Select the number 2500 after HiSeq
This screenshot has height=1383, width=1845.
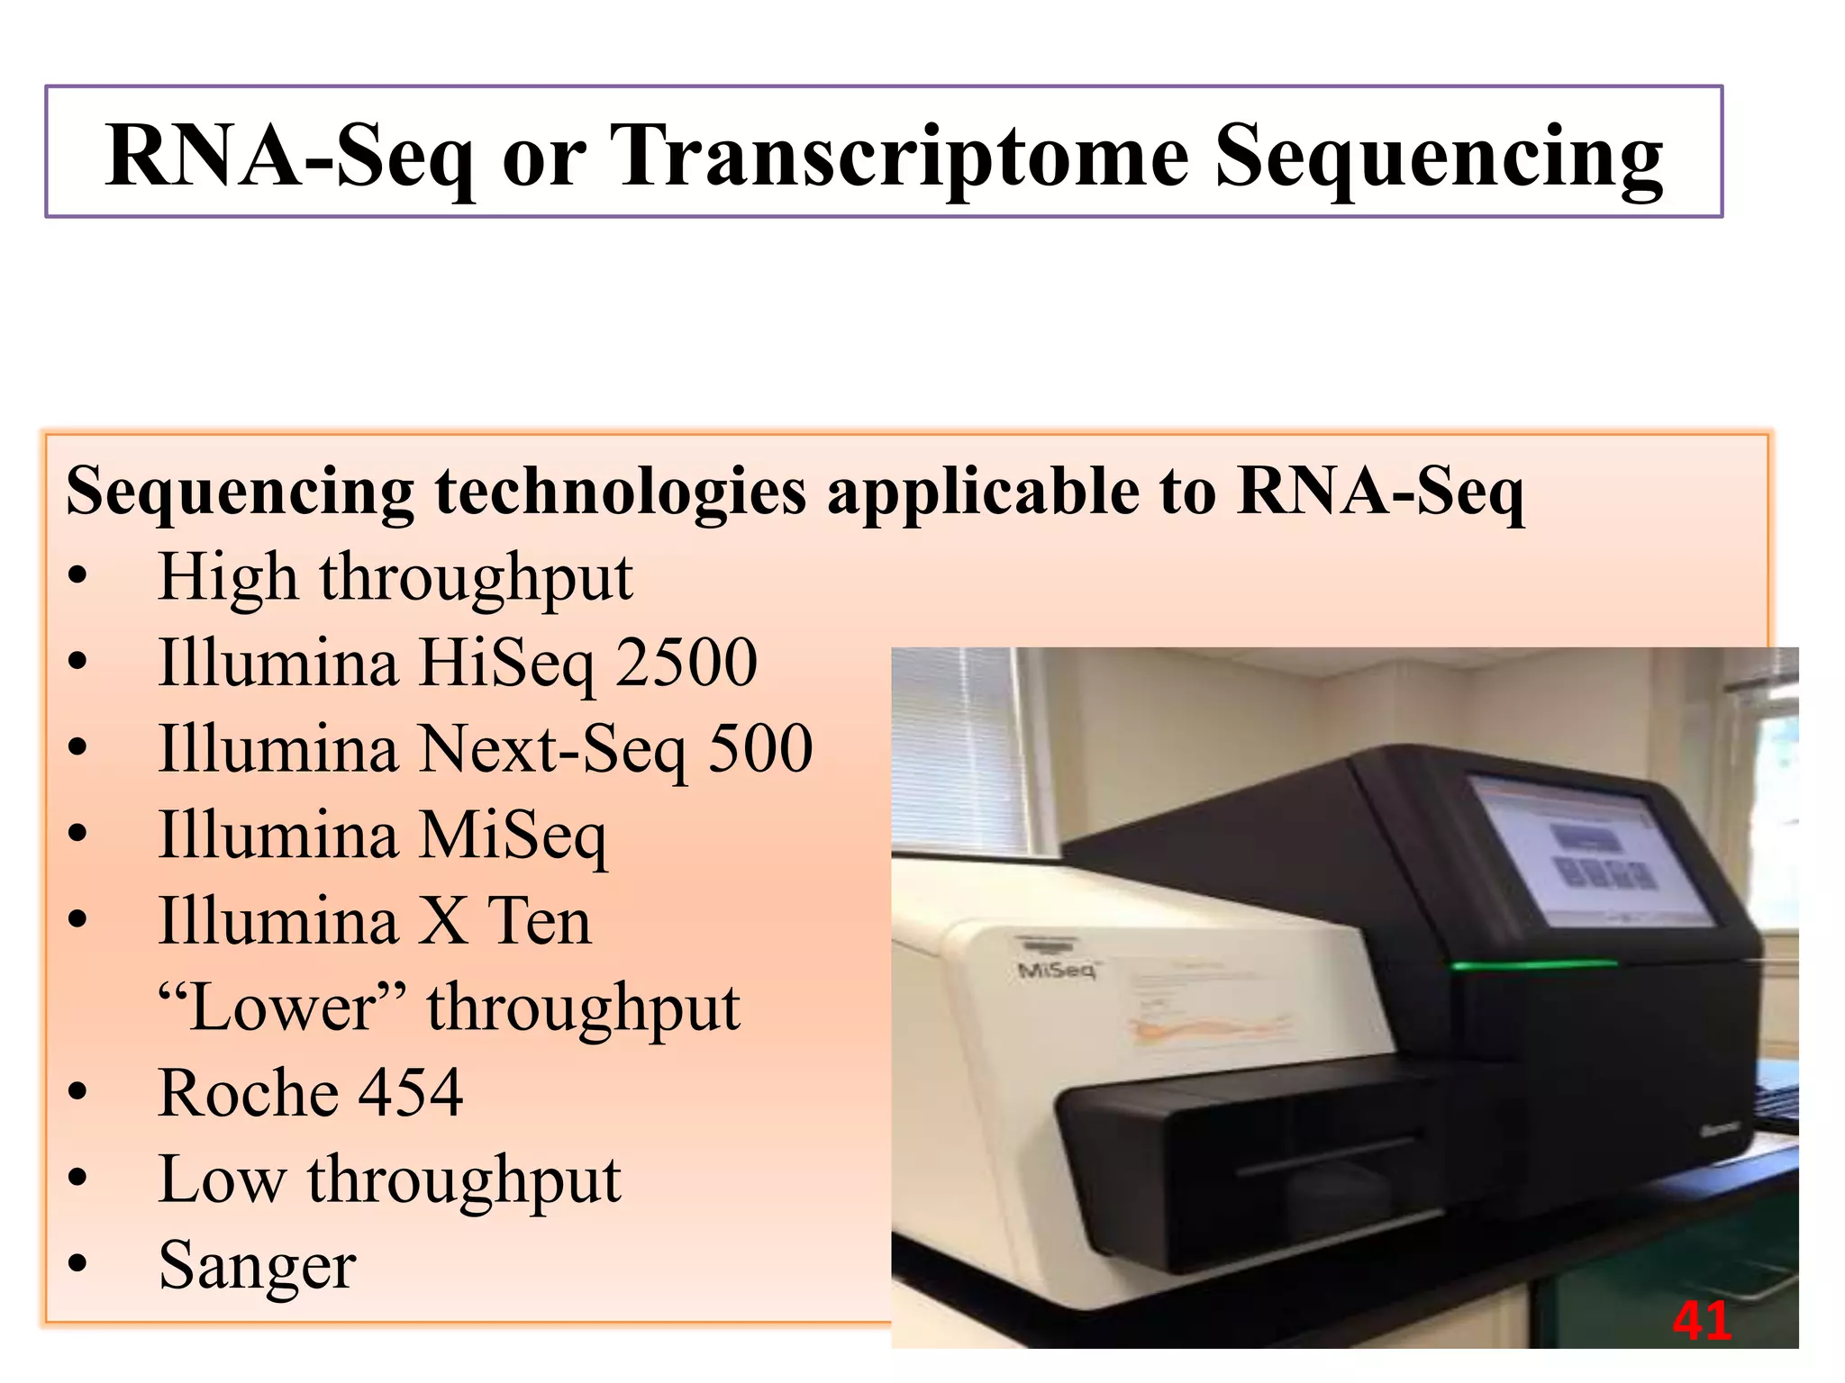[686, 663]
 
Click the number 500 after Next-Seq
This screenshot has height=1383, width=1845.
[760, 749]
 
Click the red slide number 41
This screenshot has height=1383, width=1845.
[1702, 1321]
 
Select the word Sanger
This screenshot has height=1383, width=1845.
[258, 1266]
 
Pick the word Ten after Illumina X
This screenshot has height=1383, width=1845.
[539, 921]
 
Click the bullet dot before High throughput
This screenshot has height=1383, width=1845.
[78, 577]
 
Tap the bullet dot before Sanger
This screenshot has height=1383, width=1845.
[78, 1265]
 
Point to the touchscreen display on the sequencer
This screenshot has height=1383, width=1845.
[1590, 851]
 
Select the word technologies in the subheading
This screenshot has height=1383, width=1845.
[620, 492]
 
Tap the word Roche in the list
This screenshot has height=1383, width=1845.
[248, 1093]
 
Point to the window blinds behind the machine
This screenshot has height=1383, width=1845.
[959, 747]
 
